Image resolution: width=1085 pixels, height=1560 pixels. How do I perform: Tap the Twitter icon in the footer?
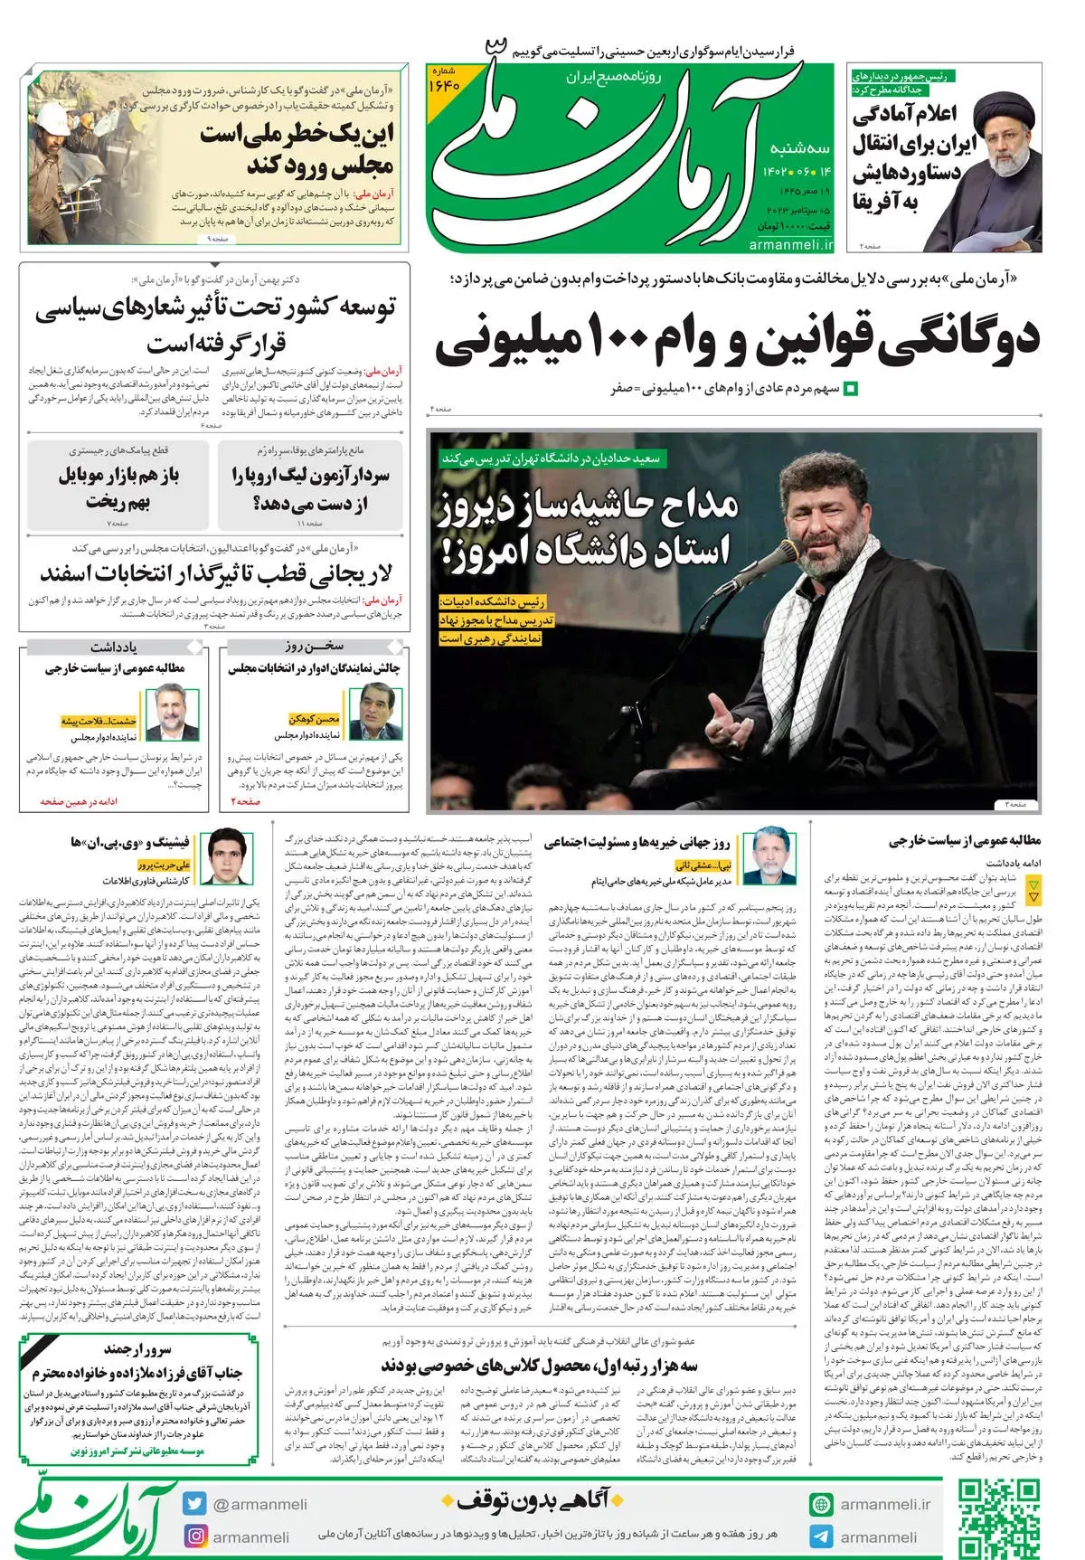(194, 1503)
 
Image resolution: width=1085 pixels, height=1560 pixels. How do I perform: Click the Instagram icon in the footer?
(194, 1536)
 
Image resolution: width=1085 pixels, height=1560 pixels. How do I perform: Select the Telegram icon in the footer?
(821, 1536)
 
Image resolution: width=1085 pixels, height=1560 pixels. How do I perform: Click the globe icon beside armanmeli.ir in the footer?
(821, 1504)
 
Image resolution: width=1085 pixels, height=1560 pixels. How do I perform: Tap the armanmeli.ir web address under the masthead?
(789, 244)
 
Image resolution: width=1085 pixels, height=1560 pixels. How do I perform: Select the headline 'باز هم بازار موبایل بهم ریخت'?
(118, 487)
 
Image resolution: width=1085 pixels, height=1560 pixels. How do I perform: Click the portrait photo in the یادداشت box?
(175, 713)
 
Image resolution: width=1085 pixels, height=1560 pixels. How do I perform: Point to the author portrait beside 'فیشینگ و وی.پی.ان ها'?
(225, 856)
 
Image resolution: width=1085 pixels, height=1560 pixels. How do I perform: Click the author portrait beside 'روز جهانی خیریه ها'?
(772, 856)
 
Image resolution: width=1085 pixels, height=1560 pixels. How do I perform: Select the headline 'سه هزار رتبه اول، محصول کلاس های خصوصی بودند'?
(540, 1365)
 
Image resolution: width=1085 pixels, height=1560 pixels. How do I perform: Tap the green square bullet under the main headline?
(850, 390)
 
